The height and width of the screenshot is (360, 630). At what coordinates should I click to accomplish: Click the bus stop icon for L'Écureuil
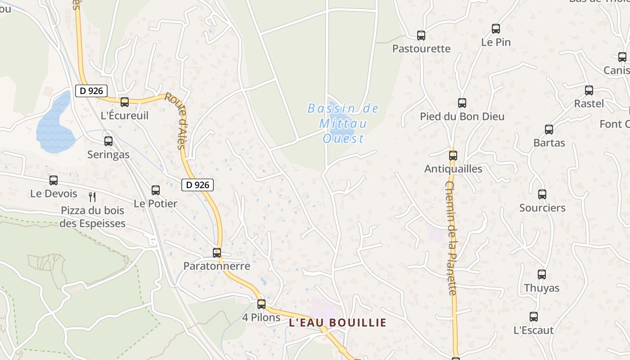click(x=125, y=102)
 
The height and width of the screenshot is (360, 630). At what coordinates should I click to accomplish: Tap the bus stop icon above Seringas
click(x=108, y=141)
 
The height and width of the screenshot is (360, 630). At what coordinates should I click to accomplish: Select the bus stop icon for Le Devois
click(x=54, y=180)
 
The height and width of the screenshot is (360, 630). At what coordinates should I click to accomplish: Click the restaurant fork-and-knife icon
click(x=92, y=197)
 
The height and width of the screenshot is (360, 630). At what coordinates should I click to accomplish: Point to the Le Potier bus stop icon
click(x=156, y=190)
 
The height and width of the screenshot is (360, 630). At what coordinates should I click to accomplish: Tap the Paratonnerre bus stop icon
click(x=217, y=253)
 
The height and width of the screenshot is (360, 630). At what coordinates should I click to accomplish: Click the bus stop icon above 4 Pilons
click(x=261, y=304)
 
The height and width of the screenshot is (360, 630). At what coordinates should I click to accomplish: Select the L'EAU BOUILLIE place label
click(x=337, y=323)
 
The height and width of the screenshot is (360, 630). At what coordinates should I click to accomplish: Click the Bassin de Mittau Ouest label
click(x=343, y=123)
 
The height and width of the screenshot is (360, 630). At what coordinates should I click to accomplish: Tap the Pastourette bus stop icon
click(x=421, y=36)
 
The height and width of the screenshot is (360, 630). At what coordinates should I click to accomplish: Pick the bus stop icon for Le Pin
click(x=496, y=29)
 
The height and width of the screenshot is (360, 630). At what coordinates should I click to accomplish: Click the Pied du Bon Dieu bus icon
click(x=462, y=103)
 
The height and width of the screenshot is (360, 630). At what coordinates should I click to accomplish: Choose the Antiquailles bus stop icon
click(x=453, y=156)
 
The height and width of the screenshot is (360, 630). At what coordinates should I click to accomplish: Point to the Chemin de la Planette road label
click(x=452, y=238)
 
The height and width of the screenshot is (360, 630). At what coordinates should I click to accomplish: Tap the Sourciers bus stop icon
click(x=542, y=194)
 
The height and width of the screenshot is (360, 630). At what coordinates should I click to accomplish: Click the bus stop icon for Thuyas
click(x=542, y=274)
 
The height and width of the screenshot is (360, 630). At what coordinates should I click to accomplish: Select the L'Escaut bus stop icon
click(x=534, y=317)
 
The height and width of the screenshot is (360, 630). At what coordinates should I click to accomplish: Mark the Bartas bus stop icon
click(x=549, y=130)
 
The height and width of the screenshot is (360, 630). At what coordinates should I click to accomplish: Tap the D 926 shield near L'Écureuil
click(x=91, y=91)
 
